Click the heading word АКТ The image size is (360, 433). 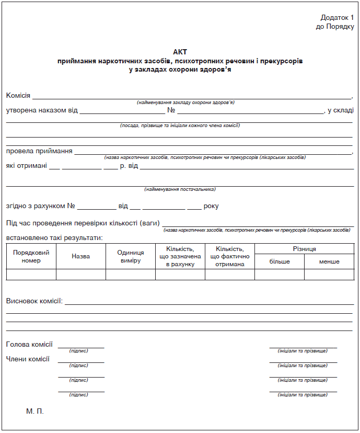pos(179,52)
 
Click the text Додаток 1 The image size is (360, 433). pos(337,18)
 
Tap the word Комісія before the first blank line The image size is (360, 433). pos(18,96)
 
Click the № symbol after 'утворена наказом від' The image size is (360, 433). pos(171,110)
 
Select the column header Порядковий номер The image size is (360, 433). pos(31,256)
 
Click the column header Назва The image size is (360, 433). pos(80,256)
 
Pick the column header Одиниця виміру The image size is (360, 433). pos(130,256)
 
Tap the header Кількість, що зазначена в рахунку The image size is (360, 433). pos(180,256)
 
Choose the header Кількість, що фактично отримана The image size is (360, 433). pos(229,256)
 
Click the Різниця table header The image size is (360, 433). pos(304,249)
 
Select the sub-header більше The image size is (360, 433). pos(280,261)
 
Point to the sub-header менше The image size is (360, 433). pos(329,261)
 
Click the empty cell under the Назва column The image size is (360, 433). pos(80,275)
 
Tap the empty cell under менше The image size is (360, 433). pos(329,275)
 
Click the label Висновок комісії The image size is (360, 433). pos(34,301)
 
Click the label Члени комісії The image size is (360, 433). pos(28,359)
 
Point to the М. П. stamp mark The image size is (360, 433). pos(35,412)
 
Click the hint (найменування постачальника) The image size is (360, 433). pos(180,189)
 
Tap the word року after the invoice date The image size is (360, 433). pos(211,206)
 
